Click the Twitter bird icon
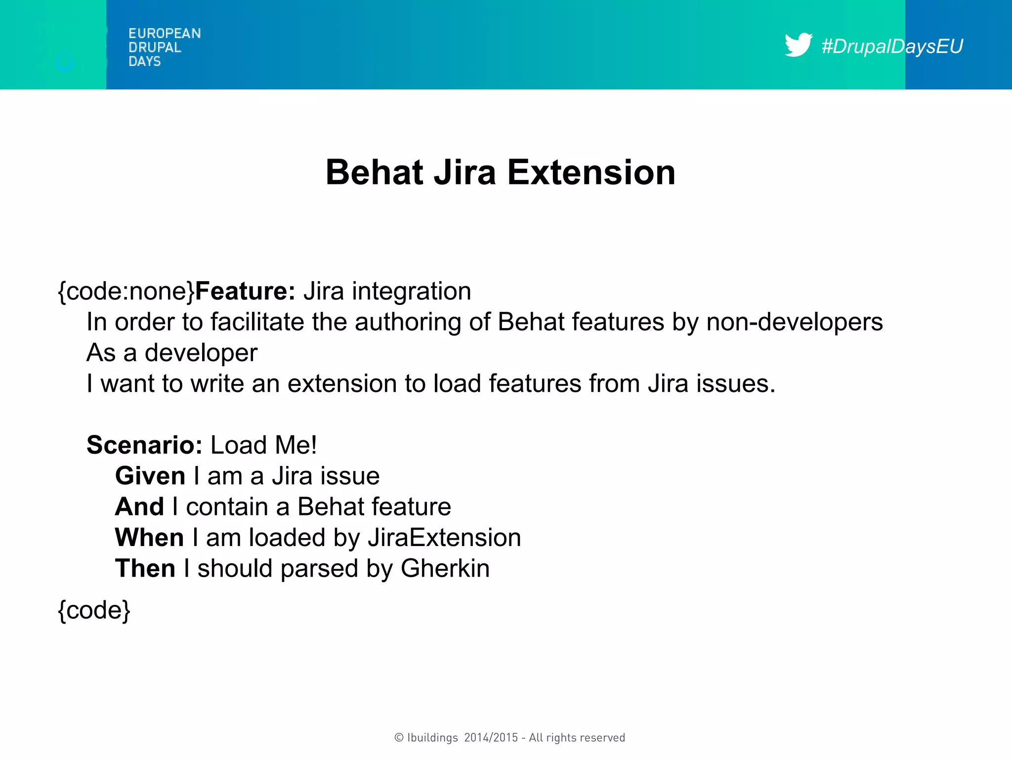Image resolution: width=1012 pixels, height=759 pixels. pos(798,45)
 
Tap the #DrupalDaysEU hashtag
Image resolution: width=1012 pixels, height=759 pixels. pos(892,46)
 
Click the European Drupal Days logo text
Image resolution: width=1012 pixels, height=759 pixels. pos(164,47)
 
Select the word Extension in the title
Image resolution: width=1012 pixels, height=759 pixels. pos(591,172)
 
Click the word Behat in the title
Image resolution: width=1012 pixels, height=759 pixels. pos(374,172)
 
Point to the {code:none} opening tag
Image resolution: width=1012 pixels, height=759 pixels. pos(126,291)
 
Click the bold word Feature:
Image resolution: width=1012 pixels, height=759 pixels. pos(245,291)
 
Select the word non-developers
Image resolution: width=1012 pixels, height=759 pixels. pos(794,322)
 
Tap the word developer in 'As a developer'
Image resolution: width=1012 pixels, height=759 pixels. pos(201,353)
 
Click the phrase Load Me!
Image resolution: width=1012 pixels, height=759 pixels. pos(263,445)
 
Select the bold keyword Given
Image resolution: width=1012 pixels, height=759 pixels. pos(150,476)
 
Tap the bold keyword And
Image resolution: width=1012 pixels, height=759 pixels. pos(139,507)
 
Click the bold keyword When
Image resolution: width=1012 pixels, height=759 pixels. pos(149,538)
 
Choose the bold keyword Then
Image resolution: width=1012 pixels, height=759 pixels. pos(145,568)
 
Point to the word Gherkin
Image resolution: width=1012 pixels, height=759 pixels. pos(445,568)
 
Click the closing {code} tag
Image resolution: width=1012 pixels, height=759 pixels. pos(94,610)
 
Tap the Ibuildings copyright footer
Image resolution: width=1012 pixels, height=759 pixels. pos(509,738)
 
